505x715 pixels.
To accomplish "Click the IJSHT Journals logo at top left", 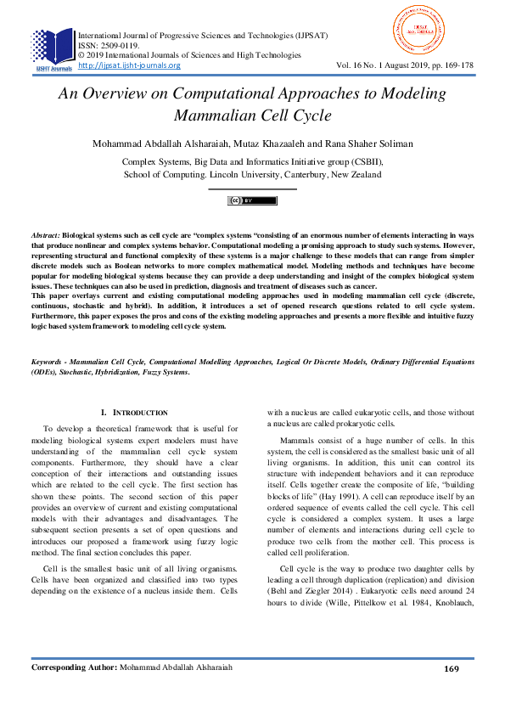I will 52,49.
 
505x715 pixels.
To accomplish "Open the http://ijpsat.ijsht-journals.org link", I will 129,65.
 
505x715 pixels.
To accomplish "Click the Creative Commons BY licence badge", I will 252,200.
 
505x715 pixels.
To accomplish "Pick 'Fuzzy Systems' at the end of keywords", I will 162,372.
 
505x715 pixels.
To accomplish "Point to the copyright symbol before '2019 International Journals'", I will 81,55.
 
